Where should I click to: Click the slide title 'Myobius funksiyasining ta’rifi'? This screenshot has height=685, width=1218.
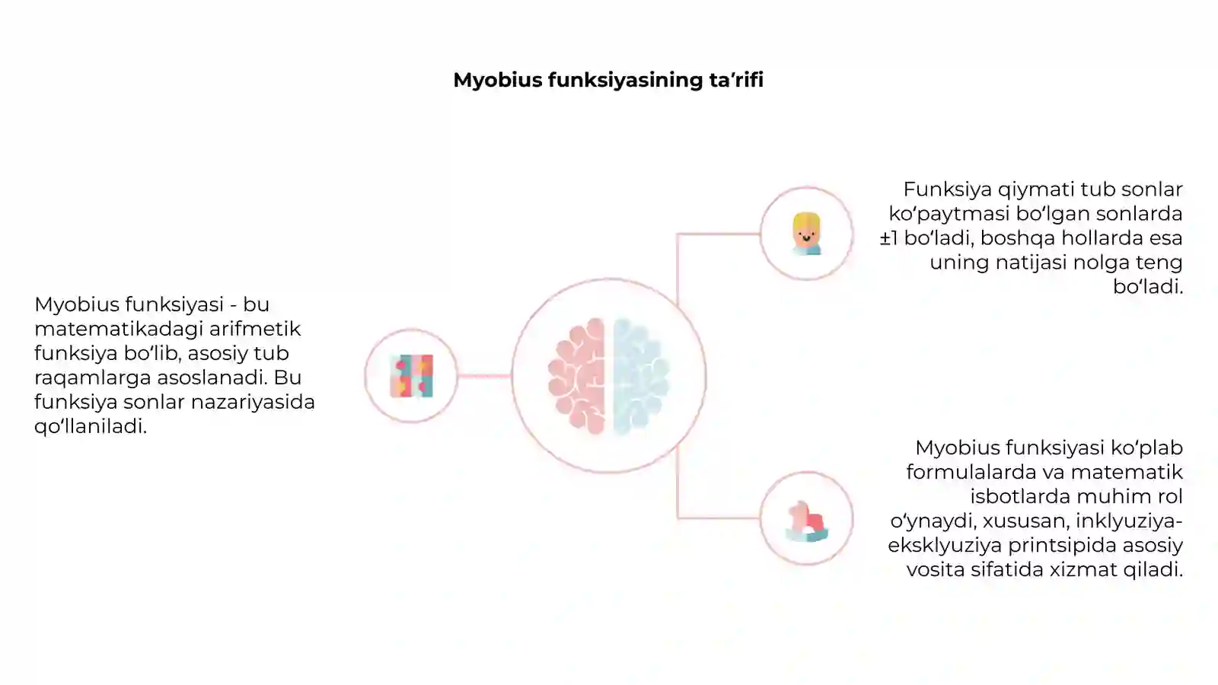(x=608, y=80)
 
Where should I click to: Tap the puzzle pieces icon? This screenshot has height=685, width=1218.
(x=412, y=376)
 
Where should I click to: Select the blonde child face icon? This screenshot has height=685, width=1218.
(x=806, y=233)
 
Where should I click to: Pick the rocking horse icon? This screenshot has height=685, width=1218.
(x=806, y=521)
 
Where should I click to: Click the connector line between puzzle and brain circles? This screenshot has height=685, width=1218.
(x=484, y=376)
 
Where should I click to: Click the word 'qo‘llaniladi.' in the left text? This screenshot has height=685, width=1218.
(x=91, y=426)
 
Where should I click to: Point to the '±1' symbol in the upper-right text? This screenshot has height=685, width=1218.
(x=889, y=237)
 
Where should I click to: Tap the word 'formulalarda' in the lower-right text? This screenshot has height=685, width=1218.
(x=971, y=471)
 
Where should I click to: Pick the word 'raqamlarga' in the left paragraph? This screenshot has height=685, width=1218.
(x=92, y=378)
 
